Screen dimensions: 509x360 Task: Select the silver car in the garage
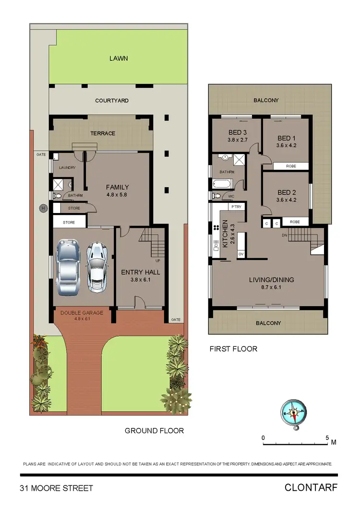tap(97, 267)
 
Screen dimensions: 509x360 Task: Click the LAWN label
tap(119, 59)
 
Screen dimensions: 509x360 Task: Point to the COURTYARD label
tap(112, 101)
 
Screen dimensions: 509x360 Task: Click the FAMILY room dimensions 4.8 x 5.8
tap(118, 195)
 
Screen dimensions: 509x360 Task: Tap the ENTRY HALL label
tap(141, 272)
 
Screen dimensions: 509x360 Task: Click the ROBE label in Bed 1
tap(291, 166)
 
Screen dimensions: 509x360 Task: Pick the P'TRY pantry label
tap(236, 207)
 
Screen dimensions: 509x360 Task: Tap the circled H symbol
tap(43, 208)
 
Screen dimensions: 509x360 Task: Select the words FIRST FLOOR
tap(233, 349)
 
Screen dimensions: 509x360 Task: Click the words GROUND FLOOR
tap(154, 431)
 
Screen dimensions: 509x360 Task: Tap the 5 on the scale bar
tap(327, 438)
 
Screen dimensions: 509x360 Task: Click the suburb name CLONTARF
tap(311, 488)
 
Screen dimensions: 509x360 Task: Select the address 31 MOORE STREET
tap(56, 488)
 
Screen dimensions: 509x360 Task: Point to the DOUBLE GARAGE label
tap(82, 313)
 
